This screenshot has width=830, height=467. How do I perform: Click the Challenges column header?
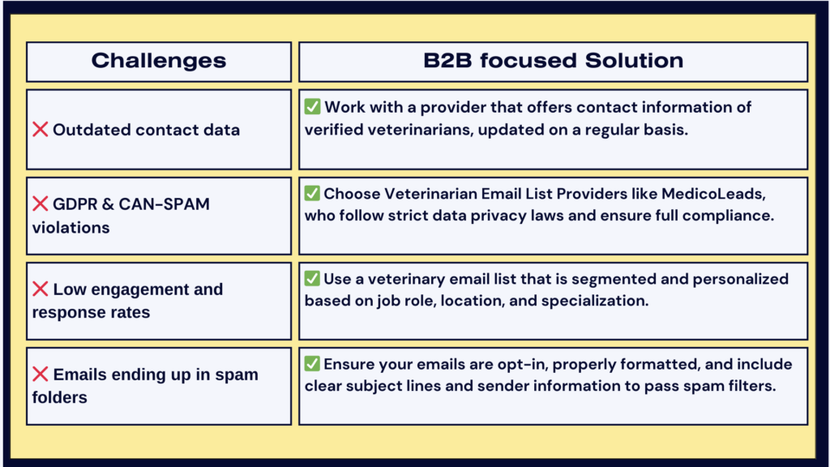pyautogui.click(x=158, y=61)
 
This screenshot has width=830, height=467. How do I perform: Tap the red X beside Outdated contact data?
pyautogui.click(x=41, y=130)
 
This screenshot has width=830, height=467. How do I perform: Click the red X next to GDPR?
pyautogui.click(x=41, y=204)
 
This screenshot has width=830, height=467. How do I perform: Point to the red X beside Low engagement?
pyautogui.click(x=41, y=289)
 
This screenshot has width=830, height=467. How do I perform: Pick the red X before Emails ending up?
pyautogui.click(x=41, y=375)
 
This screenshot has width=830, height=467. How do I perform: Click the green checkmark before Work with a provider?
pyautogui.click(x=312, y=107)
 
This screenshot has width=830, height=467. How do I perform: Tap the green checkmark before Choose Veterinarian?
pyautogui.click(x=312, y=194)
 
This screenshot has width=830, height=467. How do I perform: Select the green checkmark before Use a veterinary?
pyautogui.click(x=312, y=279)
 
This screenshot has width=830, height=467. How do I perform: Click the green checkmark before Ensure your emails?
pyautogui.click(x=312, y=364)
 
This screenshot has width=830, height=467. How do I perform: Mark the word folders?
pyautogui.click(x=59, y=397)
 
